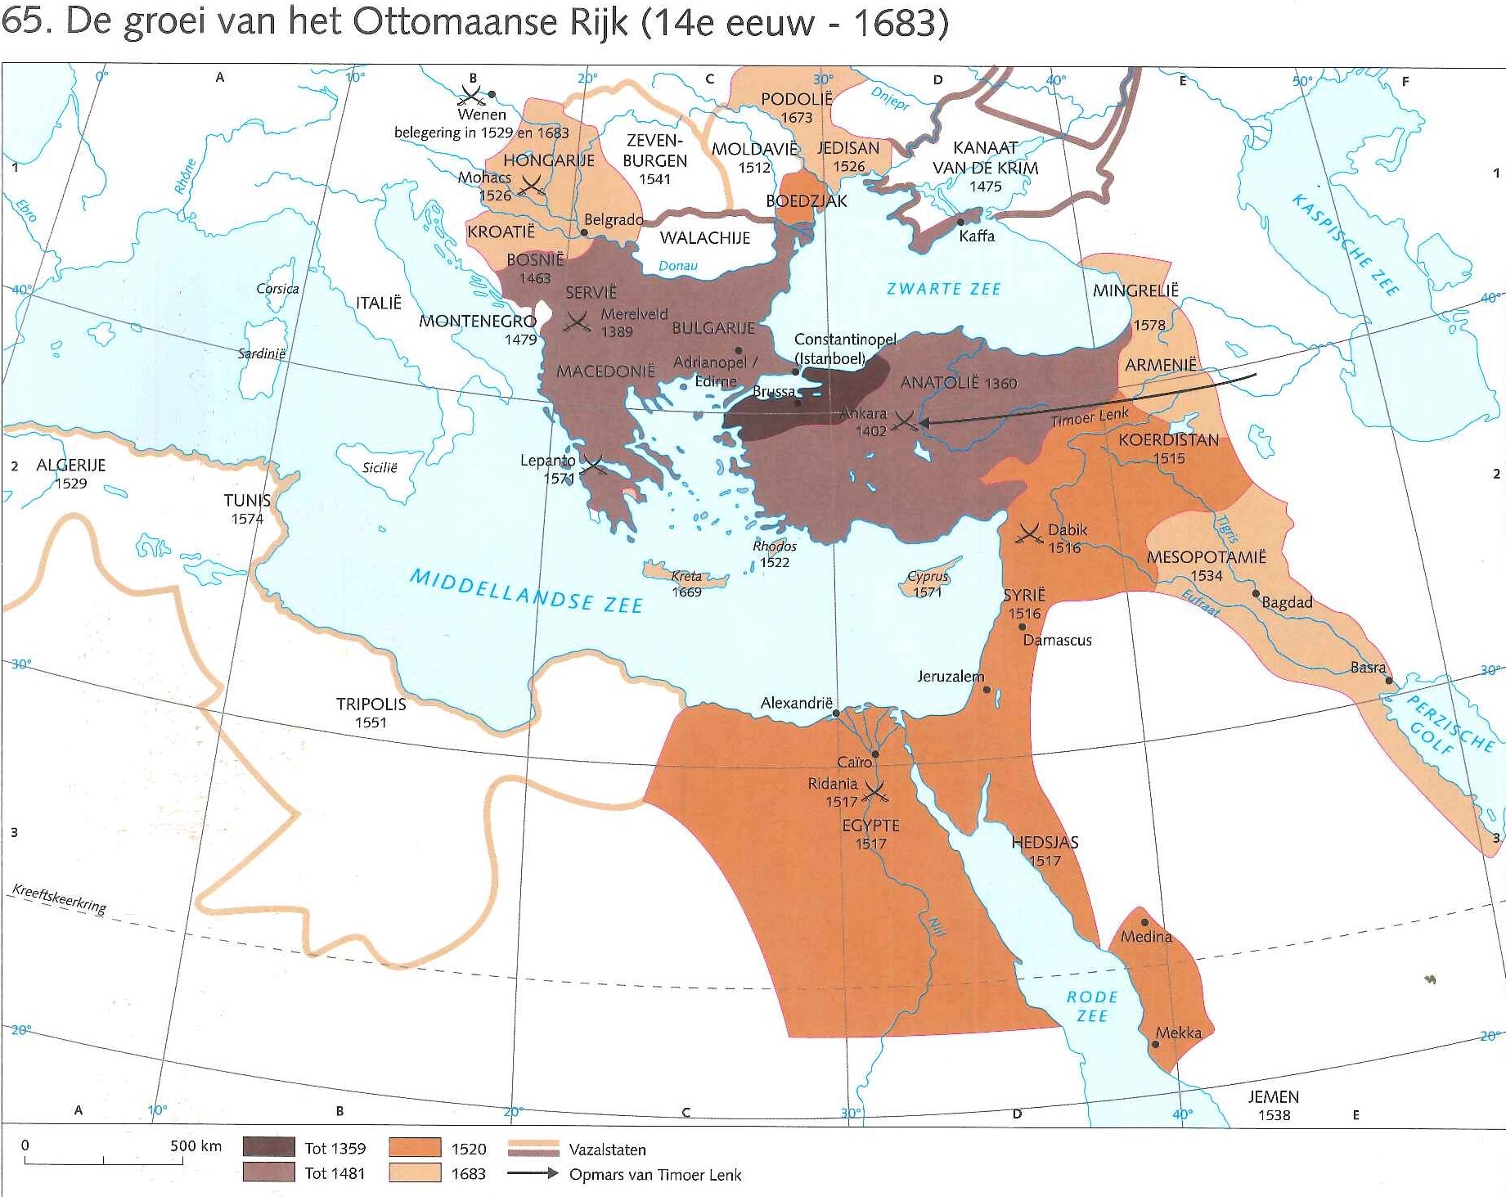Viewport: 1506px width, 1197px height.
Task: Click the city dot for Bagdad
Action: pos(1255,593)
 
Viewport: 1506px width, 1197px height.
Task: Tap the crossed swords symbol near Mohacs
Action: pos(532,186)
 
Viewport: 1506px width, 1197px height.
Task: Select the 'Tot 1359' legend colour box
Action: pos(268,1147)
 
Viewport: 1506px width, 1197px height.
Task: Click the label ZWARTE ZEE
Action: pos(943,289)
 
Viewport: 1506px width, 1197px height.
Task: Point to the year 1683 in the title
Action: pos(900,23)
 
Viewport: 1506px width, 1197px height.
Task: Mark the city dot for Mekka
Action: pos(1156,1044)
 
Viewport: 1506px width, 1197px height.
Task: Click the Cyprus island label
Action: pos(928,576)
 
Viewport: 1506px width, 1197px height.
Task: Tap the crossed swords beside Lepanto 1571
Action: pos(593,466)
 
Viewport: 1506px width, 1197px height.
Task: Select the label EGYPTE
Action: pos(870,826)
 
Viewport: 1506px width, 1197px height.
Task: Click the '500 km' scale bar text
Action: pos(196,1145)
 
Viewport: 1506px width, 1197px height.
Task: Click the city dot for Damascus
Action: pos(1022,627)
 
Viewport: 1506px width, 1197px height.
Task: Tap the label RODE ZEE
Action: pos(1091,1006)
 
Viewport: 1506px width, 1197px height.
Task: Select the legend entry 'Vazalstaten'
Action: pos(607,1150)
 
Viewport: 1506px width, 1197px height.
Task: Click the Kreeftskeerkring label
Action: pos(60,898)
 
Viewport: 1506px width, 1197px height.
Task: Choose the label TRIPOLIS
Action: pos(371,704)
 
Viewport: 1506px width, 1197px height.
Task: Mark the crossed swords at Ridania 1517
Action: pos(876,791)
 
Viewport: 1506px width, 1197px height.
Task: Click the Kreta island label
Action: pos(686,576)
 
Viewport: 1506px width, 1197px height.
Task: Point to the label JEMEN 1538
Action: pos(1273,1105)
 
